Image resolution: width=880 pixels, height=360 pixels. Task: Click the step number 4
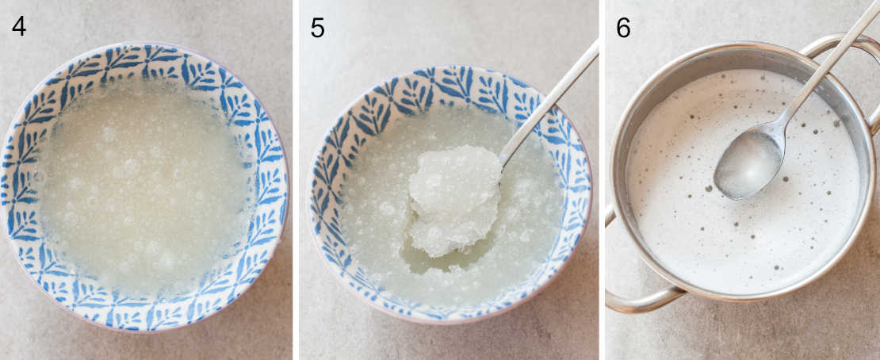[x=19, y=26]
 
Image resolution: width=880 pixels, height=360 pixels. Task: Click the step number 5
[x=317, y=28]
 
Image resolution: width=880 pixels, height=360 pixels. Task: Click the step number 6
[x=623, y=28]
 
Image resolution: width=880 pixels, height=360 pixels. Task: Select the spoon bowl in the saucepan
[x=748, y=164]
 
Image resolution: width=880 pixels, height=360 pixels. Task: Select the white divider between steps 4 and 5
[x=296, y=180]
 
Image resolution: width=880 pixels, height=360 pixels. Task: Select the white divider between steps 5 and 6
[x=602, y=180]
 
